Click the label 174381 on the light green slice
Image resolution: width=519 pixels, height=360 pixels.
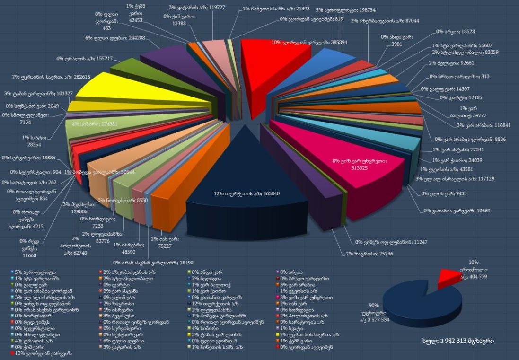(94, 124)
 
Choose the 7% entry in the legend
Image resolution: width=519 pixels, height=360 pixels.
(308, 334)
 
